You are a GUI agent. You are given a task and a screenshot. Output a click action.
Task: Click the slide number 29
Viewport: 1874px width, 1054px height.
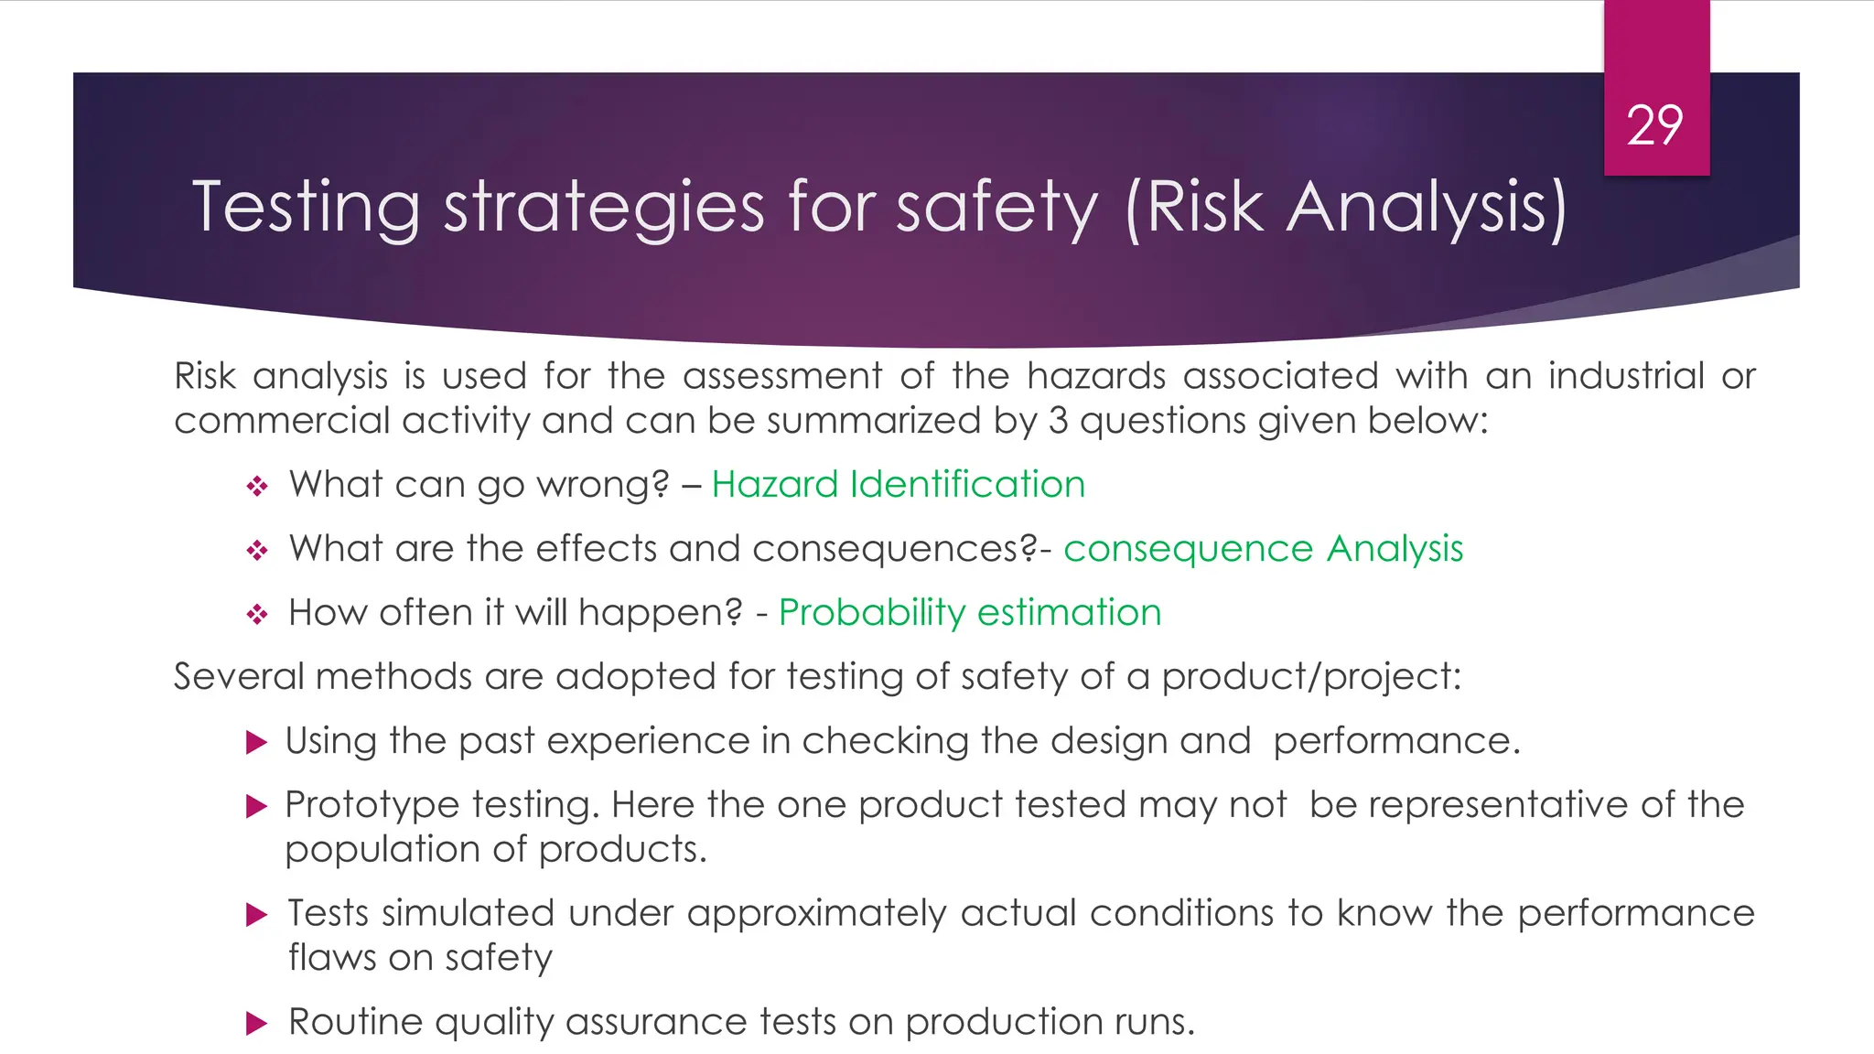1654,126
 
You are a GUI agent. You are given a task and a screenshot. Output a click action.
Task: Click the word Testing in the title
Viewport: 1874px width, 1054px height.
306,209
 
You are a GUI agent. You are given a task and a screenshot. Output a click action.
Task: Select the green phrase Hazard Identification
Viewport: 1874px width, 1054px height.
898,484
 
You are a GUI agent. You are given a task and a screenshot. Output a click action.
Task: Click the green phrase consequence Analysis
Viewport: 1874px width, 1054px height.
1263,549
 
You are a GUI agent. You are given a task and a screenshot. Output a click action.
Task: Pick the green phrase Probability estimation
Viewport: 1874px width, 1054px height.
970,612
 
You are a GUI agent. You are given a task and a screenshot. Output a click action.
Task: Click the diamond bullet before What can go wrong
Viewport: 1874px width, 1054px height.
257,486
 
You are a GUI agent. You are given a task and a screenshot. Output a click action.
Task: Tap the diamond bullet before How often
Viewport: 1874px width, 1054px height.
257,614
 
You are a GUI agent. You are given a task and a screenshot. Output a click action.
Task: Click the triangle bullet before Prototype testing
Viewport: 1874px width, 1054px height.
257,806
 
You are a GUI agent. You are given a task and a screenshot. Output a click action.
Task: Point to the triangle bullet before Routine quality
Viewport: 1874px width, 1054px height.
257,1023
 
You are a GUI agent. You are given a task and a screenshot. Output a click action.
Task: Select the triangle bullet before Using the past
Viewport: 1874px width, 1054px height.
257,742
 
